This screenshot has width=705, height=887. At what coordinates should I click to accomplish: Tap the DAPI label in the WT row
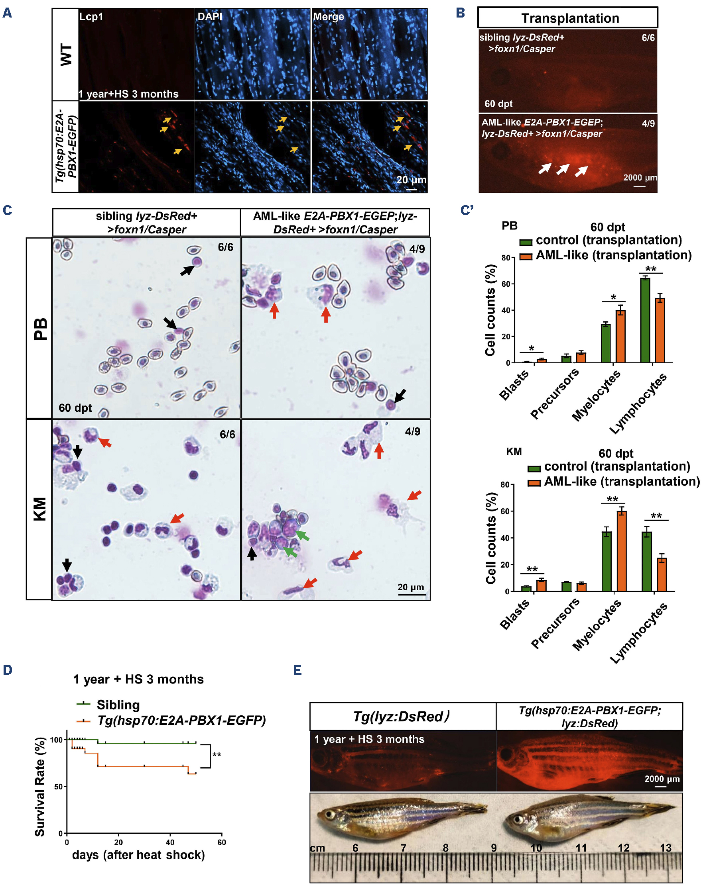pos(210,16)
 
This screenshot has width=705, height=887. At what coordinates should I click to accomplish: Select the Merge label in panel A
pos(328,16)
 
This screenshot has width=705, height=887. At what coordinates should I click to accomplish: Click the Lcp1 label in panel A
pos(91,16)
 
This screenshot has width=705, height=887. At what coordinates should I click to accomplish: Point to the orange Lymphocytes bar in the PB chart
pos(659,330)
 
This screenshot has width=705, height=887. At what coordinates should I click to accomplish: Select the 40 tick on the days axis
pos(169,842)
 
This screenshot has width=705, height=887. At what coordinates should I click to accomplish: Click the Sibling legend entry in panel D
pos(118,705)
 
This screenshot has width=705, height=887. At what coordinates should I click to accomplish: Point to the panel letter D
pos(8,670)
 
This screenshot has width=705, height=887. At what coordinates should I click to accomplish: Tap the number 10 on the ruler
pos(536,848)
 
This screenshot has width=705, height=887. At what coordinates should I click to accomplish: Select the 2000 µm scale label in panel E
pos(662,779)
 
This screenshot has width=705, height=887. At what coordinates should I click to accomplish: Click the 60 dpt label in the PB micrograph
pos(75,408)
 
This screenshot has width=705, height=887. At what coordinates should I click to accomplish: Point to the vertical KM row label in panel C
pos(39,509)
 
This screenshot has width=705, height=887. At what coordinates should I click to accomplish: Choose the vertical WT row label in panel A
pos(65,55)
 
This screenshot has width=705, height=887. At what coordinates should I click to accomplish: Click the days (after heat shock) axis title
pos(138,855)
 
